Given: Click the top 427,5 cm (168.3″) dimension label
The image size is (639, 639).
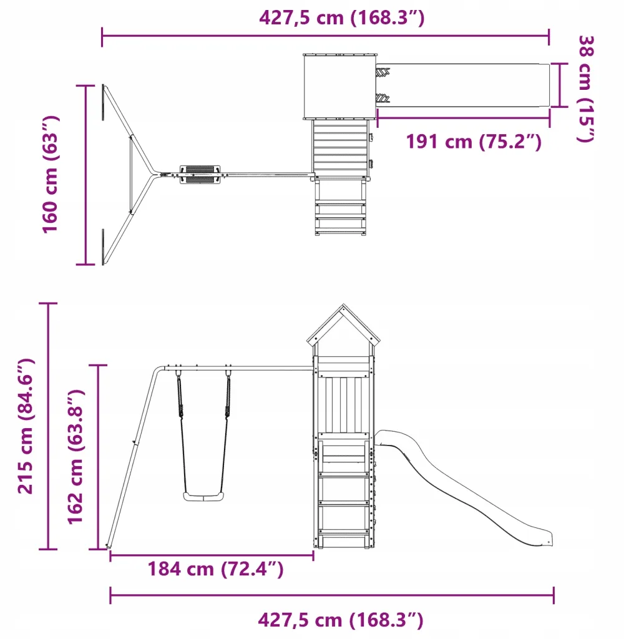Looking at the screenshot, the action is tap(341, 18).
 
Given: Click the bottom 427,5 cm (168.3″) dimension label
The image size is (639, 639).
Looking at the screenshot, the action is tap(341, 620).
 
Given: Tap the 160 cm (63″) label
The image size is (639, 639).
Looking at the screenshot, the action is tap(51, 175).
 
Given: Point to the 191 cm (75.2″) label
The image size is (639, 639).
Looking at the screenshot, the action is tap(474, 142).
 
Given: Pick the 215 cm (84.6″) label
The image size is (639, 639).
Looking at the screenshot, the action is tap(26, 426).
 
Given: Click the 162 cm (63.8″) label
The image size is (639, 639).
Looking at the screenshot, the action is tap(76, 457).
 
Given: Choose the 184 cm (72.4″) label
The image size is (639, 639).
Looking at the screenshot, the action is tap(215, 569).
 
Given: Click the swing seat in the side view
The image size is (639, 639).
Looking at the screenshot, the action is tap(203, 496).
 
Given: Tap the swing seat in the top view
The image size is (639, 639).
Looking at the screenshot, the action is tap(200, 175).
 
